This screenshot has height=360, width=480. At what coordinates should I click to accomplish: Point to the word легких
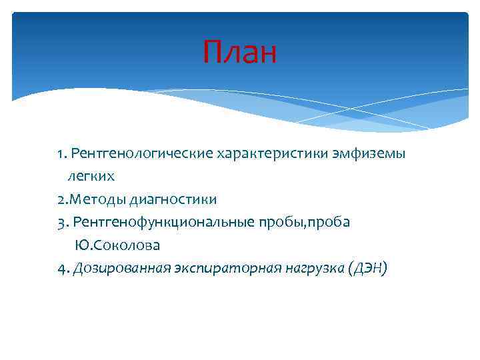91,177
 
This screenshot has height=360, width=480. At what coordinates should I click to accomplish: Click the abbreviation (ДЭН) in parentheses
367,267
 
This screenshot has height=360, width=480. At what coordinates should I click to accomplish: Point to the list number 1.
61,155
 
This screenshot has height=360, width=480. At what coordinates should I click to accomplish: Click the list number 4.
61,268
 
